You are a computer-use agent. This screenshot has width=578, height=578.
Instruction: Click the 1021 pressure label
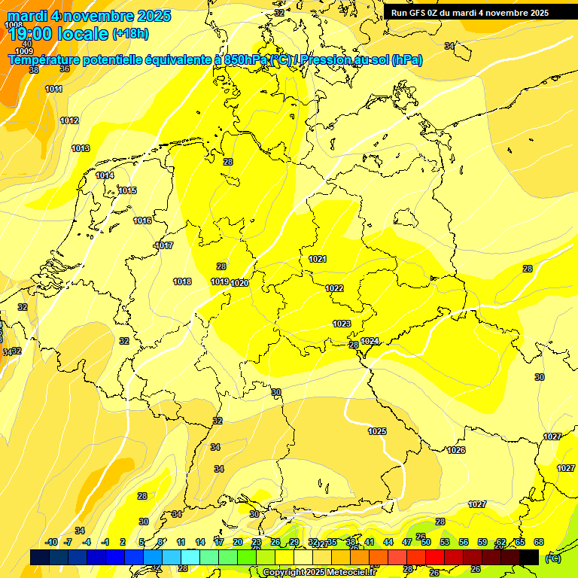tap(318, 260)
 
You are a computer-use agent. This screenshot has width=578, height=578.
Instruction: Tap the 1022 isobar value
tap(335, 288)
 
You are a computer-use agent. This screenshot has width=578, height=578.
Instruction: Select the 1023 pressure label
tap(342, 324)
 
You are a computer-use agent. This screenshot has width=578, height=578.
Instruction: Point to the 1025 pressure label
tap(377, 431)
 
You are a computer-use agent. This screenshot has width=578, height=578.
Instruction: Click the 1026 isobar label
tap(456, 450)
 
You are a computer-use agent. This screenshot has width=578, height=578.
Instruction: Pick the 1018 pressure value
tap(182, 281)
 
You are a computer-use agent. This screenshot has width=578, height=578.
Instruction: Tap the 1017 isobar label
tap(164, 246)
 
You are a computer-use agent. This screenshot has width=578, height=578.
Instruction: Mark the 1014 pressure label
tap(105, 175)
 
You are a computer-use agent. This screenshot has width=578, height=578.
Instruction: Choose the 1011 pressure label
tap(54, 89)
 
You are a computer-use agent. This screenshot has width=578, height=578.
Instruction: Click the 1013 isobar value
tap(81, 148)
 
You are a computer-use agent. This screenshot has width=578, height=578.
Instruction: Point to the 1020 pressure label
tap(240, 283)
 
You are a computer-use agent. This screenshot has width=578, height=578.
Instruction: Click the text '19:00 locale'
tap(58, 34)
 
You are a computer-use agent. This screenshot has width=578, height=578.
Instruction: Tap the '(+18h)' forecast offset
tap(130, 34)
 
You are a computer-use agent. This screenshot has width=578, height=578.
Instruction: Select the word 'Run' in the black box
tap(400, 13)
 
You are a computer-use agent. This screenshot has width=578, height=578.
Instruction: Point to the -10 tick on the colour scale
tap(51, 542)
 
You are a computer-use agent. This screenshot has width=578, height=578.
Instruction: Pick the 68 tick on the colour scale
tap(539, 542)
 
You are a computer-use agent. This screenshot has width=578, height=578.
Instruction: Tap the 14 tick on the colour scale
tap(200, 542)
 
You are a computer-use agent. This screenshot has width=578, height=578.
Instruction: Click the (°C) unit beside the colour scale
tap(552, 558)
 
